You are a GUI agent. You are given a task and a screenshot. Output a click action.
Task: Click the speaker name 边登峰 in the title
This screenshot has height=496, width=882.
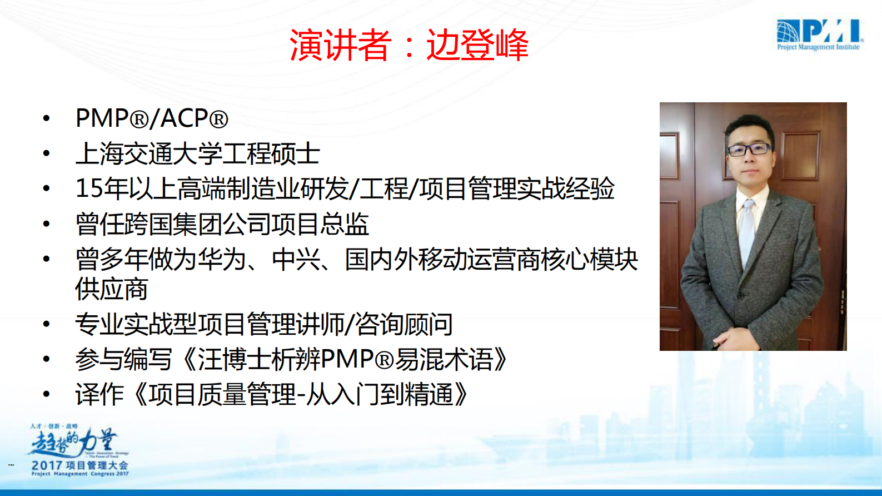477,45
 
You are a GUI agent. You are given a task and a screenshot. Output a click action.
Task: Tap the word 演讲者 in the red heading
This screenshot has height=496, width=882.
340,45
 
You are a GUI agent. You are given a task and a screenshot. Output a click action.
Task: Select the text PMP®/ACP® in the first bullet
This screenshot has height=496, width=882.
152,118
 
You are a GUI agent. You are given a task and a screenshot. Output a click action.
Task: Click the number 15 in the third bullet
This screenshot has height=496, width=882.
89,189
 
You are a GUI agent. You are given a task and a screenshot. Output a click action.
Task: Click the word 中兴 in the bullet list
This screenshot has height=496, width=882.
296,259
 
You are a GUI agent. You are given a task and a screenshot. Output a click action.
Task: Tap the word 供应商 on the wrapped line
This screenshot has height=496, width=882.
112,289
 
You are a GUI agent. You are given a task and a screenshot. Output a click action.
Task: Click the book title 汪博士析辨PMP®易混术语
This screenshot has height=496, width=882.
345,360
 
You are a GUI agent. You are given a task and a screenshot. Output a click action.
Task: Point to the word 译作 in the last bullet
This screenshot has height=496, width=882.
99,395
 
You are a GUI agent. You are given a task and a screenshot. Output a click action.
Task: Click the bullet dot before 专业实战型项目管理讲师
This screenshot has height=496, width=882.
47,324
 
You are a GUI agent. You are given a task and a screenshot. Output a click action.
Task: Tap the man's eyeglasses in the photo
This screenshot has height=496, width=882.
749,149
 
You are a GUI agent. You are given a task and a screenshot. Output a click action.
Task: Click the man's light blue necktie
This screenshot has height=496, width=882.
747,234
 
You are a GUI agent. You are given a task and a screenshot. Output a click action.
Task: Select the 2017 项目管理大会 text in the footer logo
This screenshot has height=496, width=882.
79,465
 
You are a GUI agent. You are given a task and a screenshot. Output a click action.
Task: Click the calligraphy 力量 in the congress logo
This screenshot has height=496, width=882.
98,442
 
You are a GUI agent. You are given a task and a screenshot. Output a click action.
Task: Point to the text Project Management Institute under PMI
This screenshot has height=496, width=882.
818,48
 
